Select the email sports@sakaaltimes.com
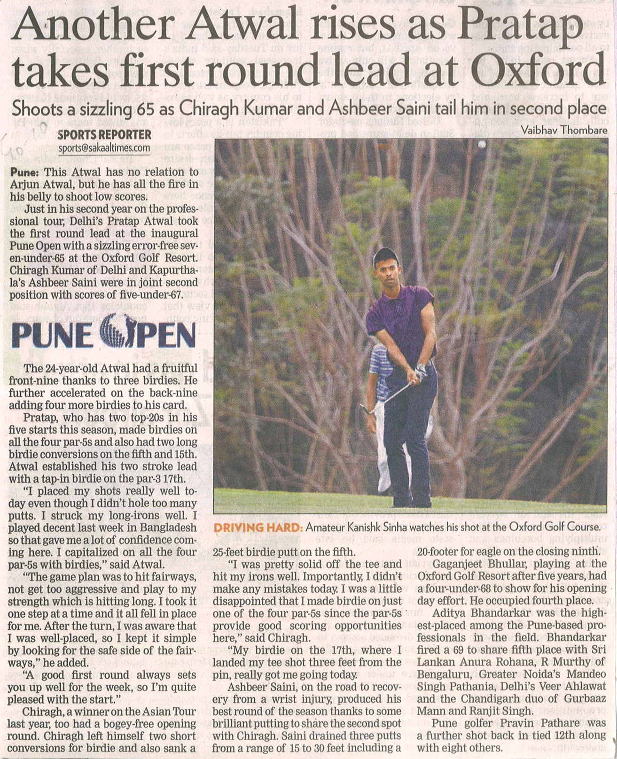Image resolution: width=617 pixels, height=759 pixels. (x=104, y=148)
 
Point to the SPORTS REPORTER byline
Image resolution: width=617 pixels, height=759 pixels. (x=104, y=135)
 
